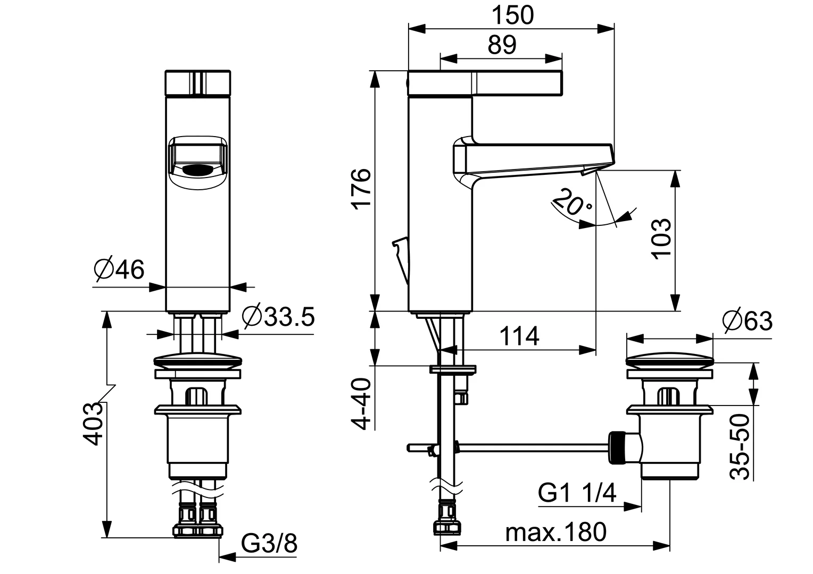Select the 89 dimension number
(502, 45)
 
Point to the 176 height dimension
(361, 189)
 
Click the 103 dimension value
(662, 239)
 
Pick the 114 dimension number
(519, 336)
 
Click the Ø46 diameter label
(119, 270)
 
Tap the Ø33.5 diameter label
(278, 317)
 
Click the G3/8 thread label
(269, 544)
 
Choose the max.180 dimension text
(555, 532)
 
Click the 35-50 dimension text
(740, 447)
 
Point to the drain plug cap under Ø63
(669, 360)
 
